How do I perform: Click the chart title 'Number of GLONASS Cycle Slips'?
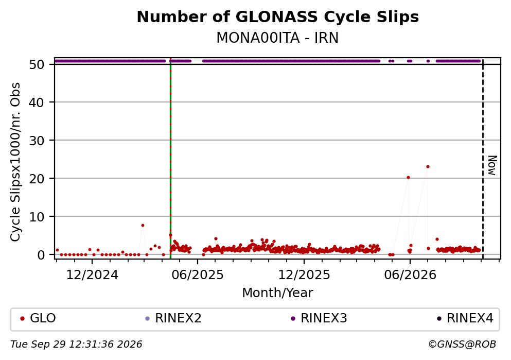click(278, 17)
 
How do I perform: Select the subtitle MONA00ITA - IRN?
click(278, 38)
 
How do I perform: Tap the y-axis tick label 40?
click(37, 102)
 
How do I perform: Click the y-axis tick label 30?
click(37, 141)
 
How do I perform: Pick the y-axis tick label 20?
click(37, 179)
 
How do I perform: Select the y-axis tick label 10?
click(37, 216)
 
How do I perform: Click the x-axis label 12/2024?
click(92, 275)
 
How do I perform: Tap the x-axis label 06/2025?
click(198, 275)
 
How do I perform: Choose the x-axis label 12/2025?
click(304, 275)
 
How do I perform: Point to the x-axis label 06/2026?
click(410, 275)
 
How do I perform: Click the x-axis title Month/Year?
click(278, 293)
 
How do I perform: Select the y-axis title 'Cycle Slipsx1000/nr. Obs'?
click(15, 162)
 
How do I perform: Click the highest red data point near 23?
click(428, 167)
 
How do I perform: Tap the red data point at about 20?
click(408, 177)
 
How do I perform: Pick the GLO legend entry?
click(38, 318)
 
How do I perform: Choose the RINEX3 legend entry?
click(319, 318)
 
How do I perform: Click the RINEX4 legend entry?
click(465, 318)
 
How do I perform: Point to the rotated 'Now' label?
click(492, 166)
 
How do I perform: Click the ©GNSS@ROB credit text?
click(462, 345)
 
